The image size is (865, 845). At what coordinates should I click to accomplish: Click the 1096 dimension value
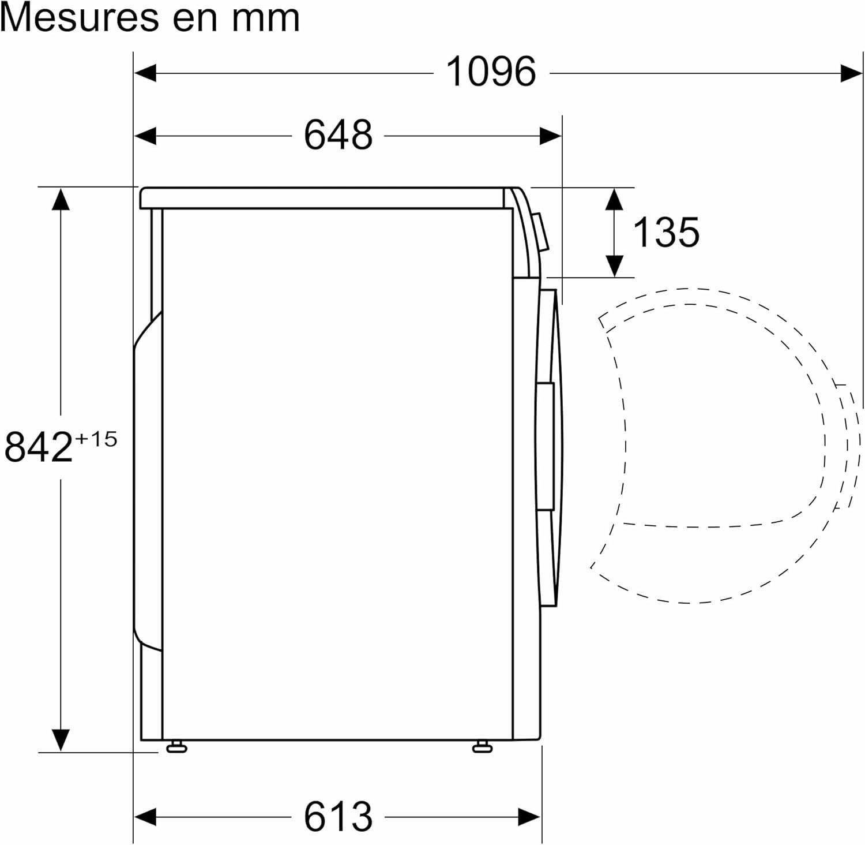491,72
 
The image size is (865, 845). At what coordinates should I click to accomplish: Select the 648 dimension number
338,135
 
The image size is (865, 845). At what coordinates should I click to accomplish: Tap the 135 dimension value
666,233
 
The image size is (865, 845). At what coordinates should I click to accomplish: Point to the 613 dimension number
338,817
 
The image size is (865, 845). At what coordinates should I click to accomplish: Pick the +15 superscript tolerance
96,439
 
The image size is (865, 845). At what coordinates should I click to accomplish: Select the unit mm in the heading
266,18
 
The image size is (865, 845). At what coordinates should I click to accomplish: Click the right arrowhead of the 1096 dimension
851,73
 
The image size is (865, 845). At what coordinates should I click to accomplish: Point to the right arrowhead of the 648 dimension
550,136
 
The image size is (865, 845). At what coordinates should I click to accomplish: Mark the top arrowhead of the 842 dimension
61,199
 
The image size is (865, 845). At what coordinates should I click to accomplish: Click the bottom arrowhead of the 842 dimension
61,739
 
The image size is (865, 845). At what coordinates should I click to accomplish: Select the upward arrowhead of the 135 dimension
615,199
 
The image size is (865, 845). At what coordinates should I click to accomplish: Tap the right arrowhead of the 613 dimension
529,817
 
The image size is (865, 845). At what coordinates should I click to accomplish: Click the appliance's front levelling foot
482,747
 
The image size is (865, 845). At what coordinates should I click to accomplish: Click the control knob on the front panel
540,232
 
